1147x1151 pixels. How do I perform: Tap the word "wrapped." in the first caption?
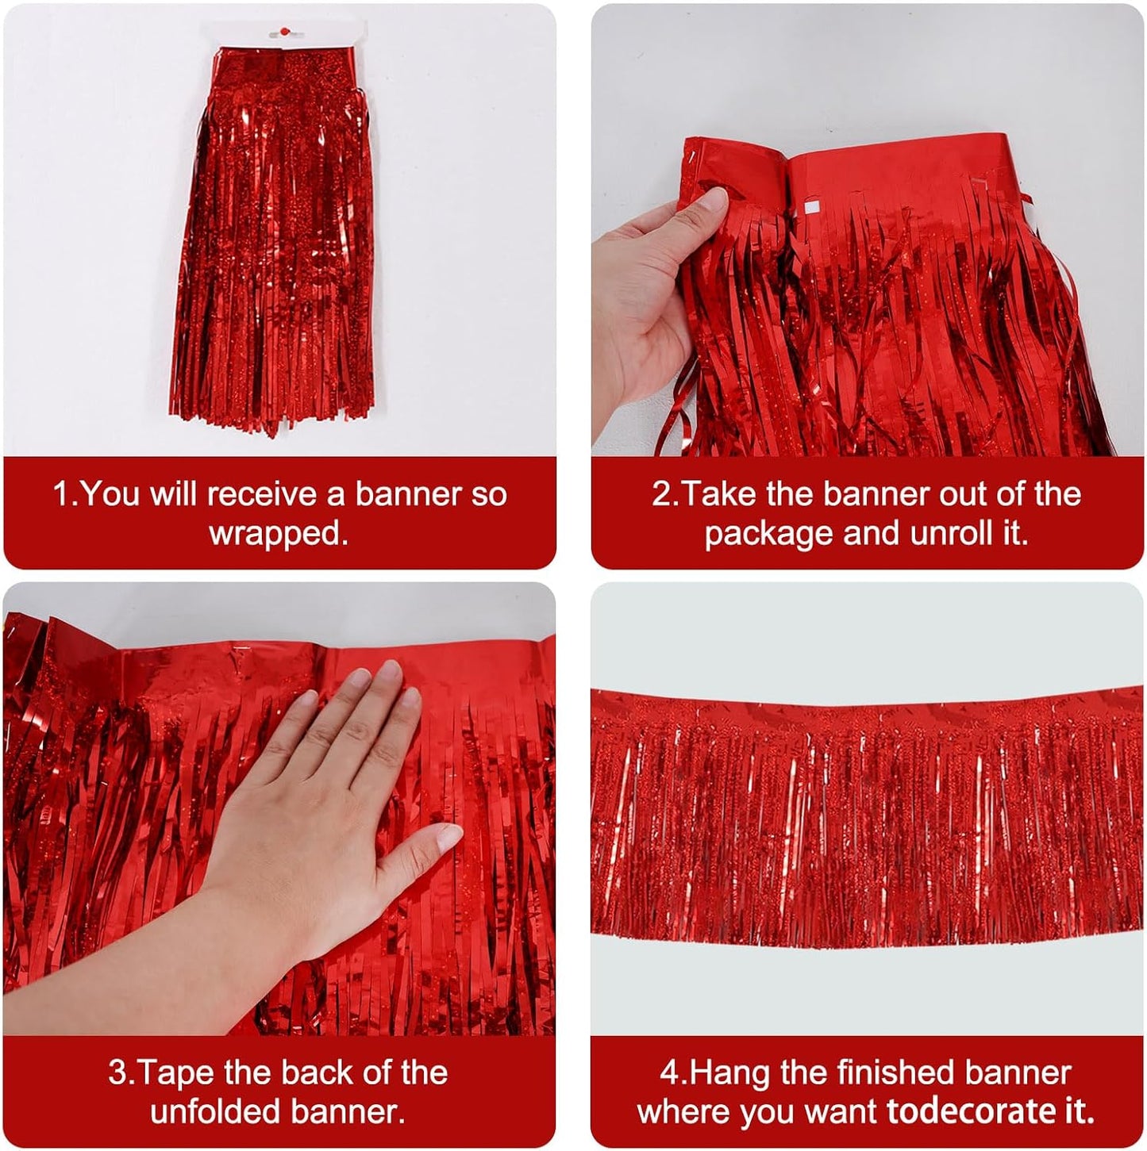coord(279,533)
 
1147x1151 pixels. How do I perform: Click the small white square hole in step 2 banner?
coord(810,209)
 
